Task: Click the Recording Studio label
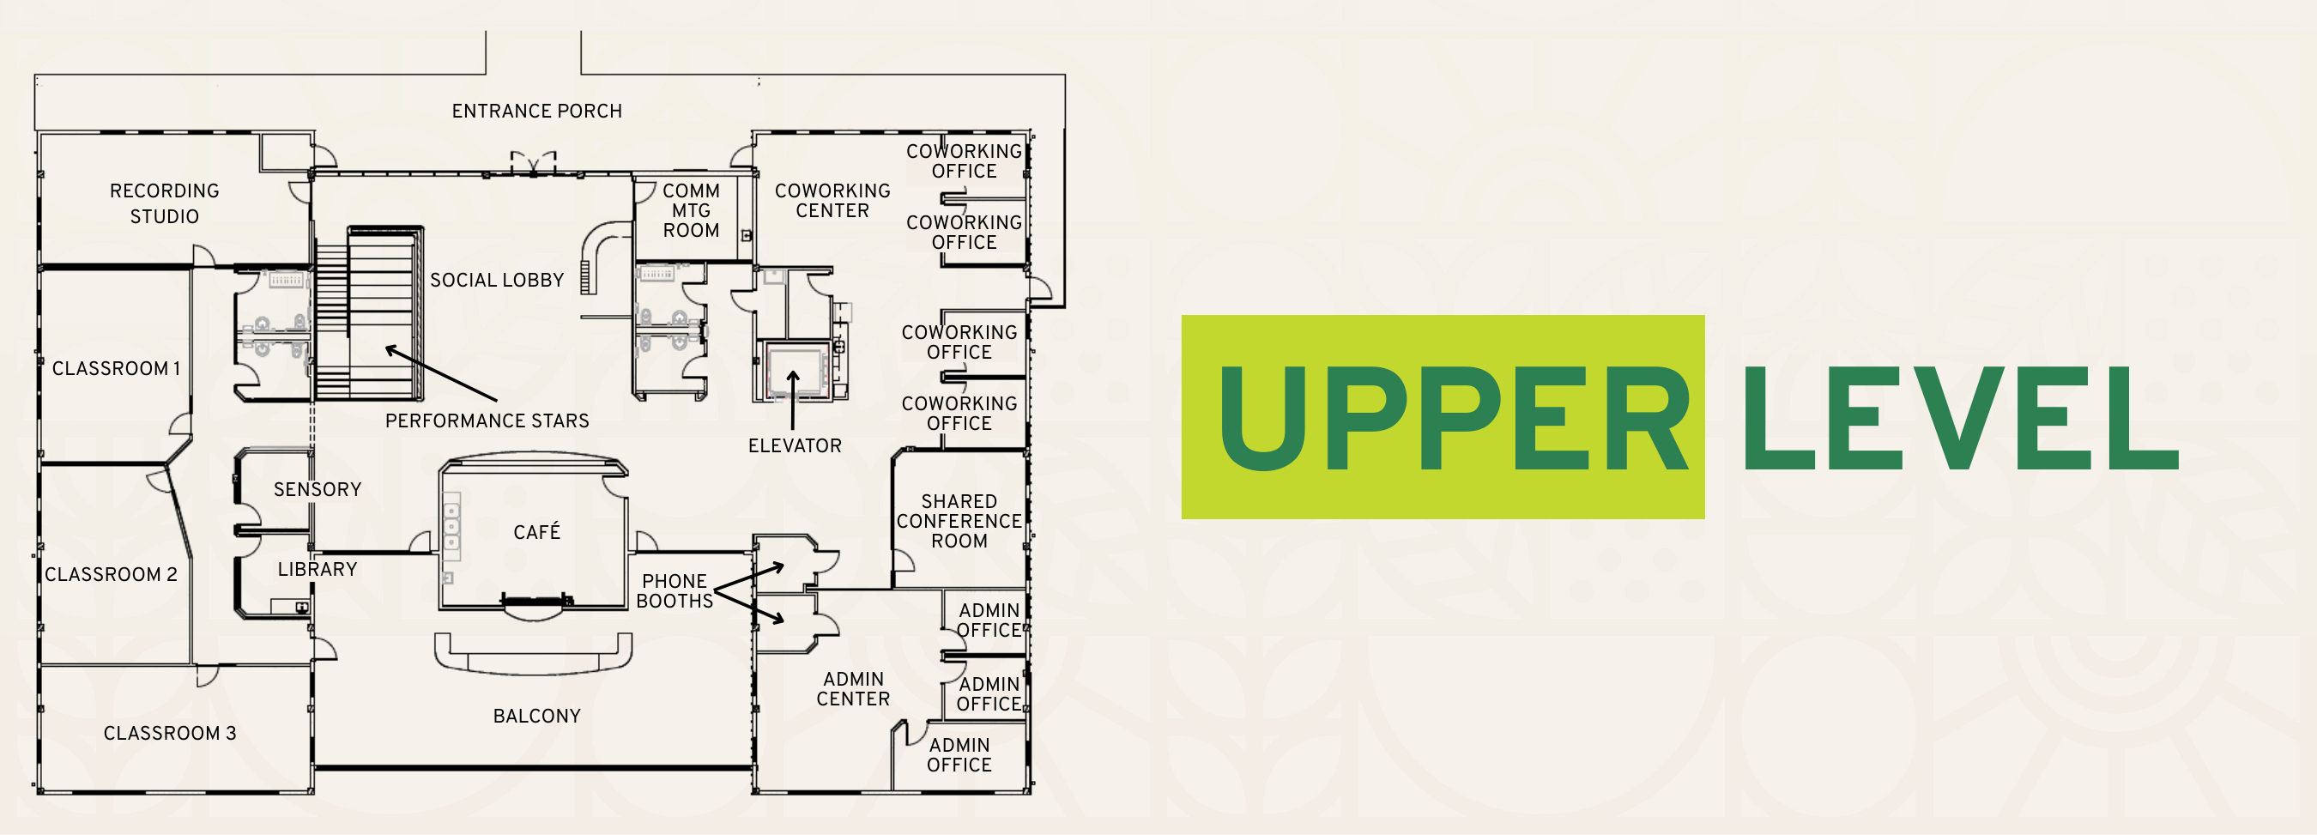click(x=164, y=203)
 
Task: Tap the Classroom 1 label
click(x=116, y=369)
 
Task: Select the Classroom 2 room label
click(x=111, y=574)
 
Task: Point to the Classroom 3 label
click(x=169, y=734)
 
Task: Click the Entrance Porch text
click(x=536, y=112)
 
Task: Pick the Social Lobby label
click(x=497, y=281)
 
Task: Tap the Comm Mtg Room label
click(x=691, y=210)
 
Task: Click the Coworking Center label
click(x=832, y=201)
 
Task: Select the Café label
click(x=536, y=532)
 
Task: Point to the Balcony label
click(x=536, y=717)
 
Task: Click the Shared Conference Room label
click(x=959, y=521)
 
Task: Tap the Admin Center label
click(x=853, y=689)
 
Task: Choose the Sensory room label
click(x=317, y=489)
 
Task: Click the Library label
click(x=317, y=570)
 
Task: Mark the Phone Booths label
click(x=674, y=591)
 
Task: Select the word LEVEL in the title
click(x=1961, y=419)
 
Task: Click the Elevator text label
click(x=795, y=446)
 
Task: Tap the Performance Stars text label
click(x=487, y=421)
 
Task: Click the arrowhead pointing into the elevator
click(x=793, y=375)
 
